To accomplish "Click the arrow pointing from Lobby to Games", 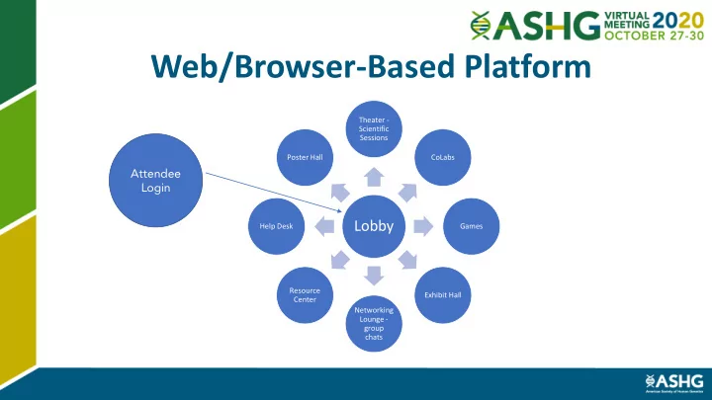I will (422, 226).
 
